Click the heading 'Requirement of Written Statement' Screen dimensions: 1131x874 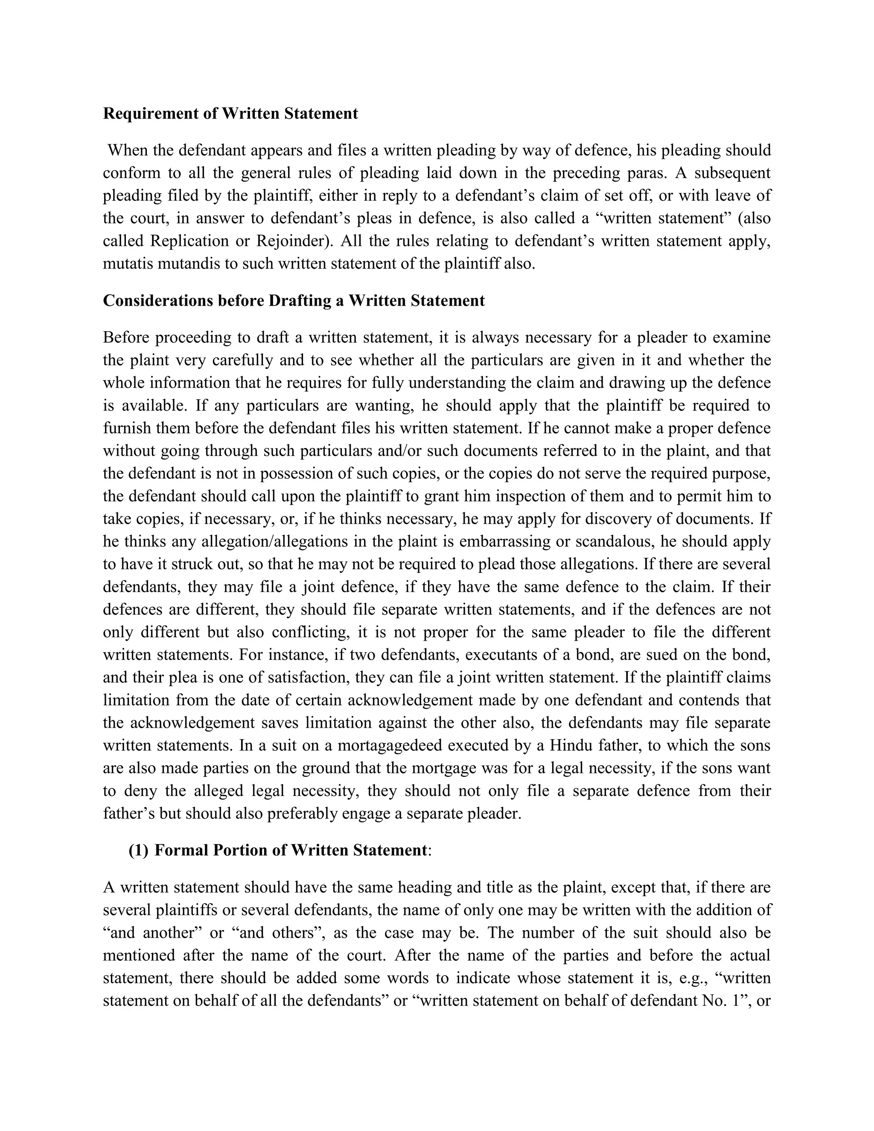tap(230, 114)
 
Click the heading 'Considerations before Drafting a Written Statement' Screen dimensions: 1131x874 tap(294, 300)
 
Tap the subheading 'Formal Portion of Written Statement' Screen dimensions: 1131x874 tap(290, 850)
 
